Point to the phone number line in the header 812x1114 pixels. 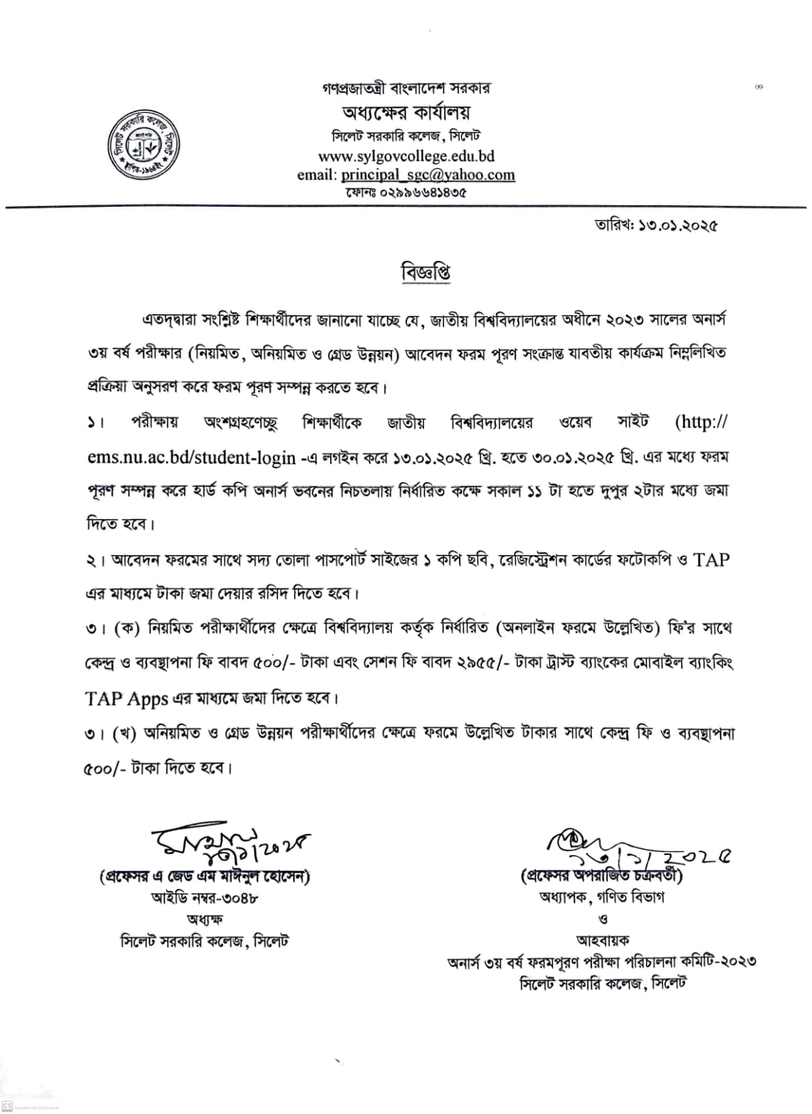(405, 192)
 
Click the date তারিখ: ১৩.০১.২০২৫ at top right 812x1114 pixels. (655, 226)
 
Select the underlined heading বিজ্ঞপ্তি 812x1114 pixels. (425, 272)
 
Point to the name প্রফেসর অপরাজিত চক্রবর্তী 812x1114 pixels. (602, 875)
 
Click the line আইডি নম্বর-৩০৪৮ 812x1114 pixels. (205, 897)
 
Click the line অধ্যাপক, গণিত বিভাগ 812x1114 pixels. (602, 897)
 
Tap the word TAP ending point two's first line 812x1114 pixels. (711, 560)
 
